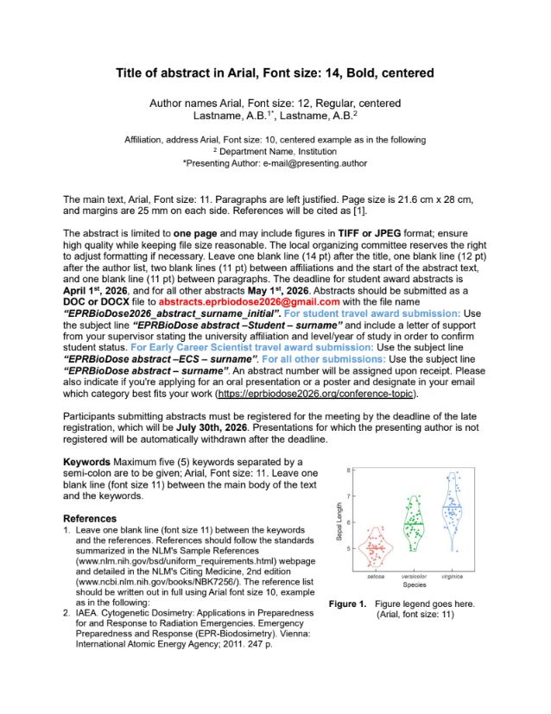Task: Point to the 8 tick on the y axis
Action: click(350, 471)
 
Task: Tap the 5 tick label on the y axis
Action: click(350, 547)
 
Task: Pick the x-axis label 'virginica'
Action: click(453, 576)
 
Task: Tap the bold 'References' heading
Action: click(90, 518)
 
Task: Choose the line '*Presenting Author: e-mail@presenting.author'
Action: click(275, 162)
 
